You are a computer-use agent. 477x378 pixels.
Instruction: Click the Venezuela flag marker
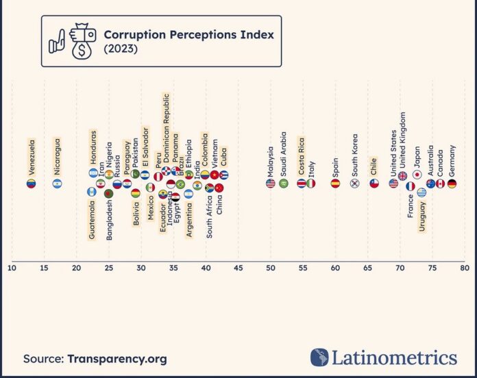click(31, 184)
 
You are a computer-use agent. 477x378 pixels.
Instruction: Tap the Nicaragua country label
click(57, 155)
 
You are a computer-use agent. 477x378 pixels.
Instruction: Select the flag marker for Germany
click(452, 184)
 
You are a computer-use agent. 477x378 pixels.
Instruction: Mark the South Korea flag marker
click(354, 184)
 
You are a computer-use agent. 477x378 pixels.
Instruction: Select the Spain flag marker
click(335, 184)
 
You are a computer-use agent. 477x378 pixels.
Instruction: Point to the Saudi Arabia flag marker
click(283, 184)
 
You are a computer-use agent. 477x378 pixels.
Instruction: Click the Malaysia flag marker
click(270, 184)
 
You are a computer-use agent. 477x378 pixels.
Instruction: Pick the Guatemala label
click(92, 218)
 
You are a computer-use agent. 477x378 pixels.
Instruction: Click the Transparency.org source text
click(117, 358)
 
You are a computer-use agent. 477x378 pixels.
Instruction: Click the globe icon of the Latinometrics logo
click(319, 357)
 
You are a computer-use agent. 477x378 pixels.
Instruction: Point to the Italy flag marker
click(311, 184)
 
